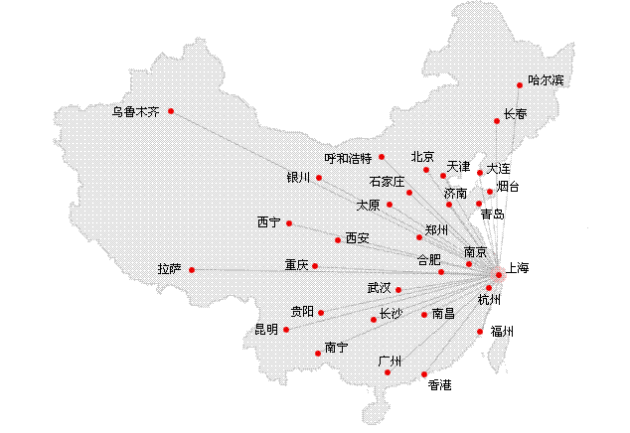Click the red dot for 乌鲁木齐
click(x=171, y=111)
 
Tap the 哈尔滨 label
click(x=546, y=80)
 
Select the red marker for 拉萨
click(x=192, y=270)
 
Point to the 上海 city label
click(x=519, y=267)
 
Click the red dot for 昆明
click(x=286, y=329)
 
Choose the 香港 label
click(x=439, y=384)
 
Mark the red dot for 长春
click(x=498, y=121)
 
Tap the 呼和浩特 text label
click(x=348, y=158)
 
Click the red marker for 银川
click(x=319, y=178)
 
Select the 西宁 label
click(x=268, y=221)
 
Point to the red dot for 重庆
click(x=315, y=266)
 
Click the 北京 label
click(x=422, y=156)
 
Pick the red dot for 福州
click(x=480, y=332)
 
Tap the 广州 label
click(x=389, y=361)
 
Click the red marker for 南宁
click(x=318, y=353)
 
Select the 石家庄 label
click(x=387, y=182)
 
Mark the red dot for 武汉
click(x=398, y=290)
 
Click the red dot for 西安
click(x=338, y=239)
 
